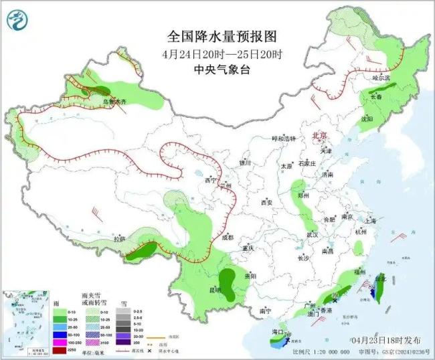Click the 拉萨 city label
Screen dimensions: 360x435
pyautogui.click(x=119, y=239)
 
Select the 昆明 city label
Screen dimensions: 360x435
pyautogui.click(x=215, y=290)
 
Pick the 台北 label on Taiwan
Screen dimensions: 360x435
pyautogui.click(x=380, y=277)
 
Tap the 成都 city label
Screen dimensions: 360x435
pyautogui.click(x=228, y=237)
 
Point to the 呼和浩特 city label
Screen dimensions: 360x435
pyautogui.click(x=282, y=138)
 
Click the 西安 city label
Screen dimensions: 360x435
pyautogui.click(x=267, y=202)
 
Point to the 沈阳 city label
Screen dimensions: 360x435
pyautogui.click(x=366, y=118)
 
